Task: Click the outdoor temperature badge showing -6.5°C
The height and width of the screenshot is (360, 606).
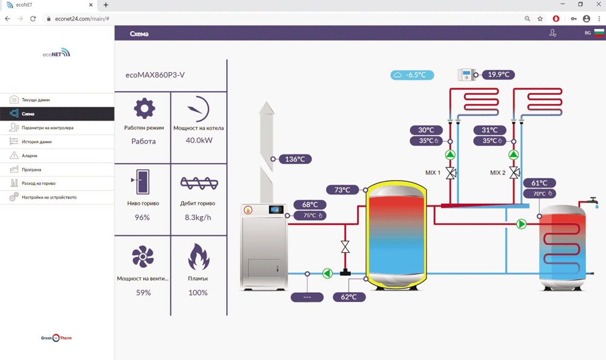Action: [x=412, y=75]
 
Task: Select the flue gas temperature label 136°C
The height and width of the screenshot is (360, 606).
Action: [x=295, y=159]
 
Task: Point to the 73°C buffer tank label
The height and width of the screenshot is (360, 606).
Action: [x=343, y=190]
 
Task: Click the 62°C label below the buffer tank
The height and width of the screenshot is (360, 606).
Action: [x=349, y=297]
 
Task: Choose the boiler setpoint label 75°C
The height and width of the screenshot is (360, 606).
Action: [x=310, y=215]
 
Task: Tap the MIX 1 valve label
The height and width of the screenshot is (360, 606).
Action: [x=433, y=173]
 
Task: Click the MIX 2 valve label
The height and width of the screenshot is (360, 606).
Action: [x=498, y=173]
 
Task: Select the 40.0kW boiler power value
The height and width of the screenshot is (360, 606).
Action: [x=198, y=141]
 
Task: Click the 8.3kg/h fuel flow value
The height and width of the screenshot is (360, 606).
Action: [x=198, y=218]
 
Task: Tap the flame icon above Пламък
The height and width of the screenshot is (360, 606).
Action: [x=198, y=257]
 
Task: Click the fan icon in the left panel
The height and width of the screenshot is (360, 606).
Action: [x=143, y=257]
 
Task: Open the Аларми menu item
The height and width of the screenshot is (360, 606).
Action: [x=30, y=156]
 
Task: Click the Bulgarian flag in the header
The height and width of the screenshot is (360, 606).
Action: [x=599, y=33]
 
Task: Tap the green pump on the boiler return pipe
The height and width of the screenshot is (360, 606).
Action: [x=328, y=273]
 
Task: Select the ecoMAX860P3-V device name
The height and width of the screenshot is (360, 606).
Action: [x=155, y=76]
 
